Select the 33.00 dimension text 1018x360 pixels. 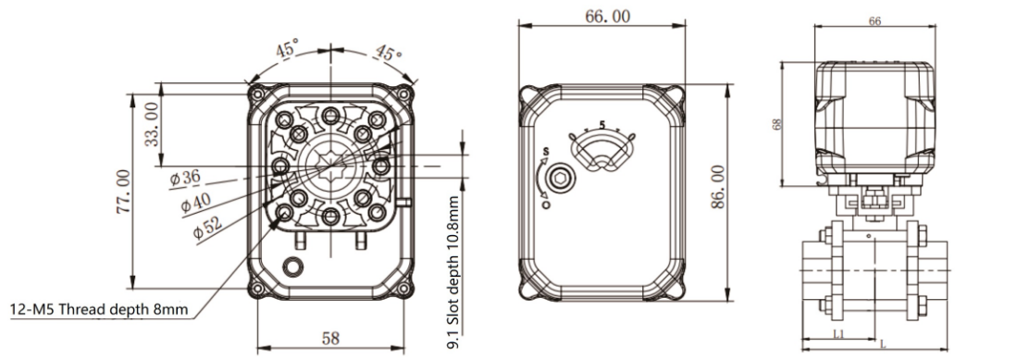151,124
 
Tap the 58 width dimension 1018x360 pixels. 330,338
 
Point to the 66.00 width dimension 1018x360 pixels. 607,17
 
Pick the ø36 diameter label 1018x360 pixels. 185,178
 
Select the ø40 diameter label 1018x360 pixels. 196,203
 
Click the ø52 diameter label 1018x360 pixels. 207,228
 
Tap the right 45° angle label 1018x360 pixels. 389,52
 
